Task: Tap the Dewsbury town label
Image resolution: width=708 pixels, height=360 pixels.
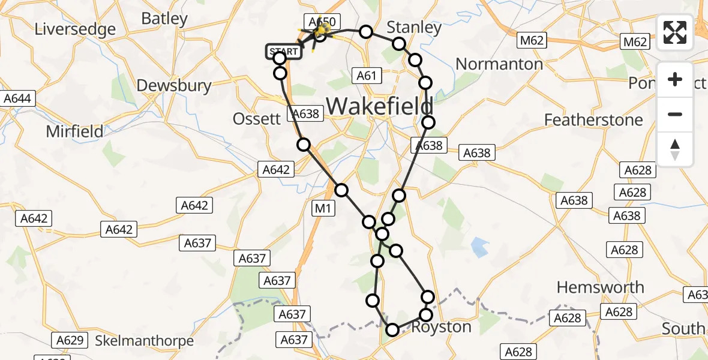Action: (x=174, y=85)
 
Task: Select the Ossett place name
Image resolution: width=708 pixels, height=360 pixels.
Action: (x=257, y=118)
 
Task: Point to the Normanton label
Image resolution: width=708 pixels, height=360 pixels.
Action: (x=499, y=64)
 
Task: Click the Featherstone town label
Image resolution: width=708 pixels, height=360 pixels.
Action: (x=593, y=120)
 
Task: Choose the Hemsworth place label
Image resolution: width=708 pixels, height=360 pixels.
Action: (x=600, y=287)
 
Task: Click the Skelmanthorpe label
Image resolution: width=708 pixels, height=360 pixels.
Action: (x=145, y=341)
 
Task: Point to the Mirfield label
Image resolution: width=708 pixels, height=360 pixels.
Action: (x=74, y=131)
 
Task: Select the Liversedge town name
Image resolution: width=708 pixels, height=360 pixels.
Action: (x=76, y=29)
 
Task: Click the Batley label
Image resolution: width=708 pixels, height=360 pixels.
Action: (x=164, y=19)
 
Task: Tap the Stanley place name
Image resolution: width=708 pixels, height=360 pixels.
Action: (x=414, y=27)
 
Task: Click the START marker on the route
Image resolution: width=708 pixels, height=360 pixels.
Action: (x=284, y=52)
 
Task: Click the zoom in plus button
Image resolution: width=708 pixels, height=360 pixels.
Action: (x=675, y=79)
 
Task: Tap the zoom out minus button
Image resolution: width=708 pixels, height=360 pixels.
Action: (x=675, y=114)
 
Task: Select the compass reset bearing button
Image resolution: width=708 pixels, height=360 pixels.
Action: (x=675, y=149)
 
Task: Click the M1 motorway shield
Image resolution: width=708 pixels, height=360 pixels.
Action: (x=323, y=208)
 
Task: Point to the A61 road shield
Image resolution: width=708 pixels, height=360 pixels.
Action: (x=367, y=75)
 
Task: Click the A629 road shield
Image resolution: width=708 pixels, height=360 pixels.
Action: (x=69, y=340)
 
